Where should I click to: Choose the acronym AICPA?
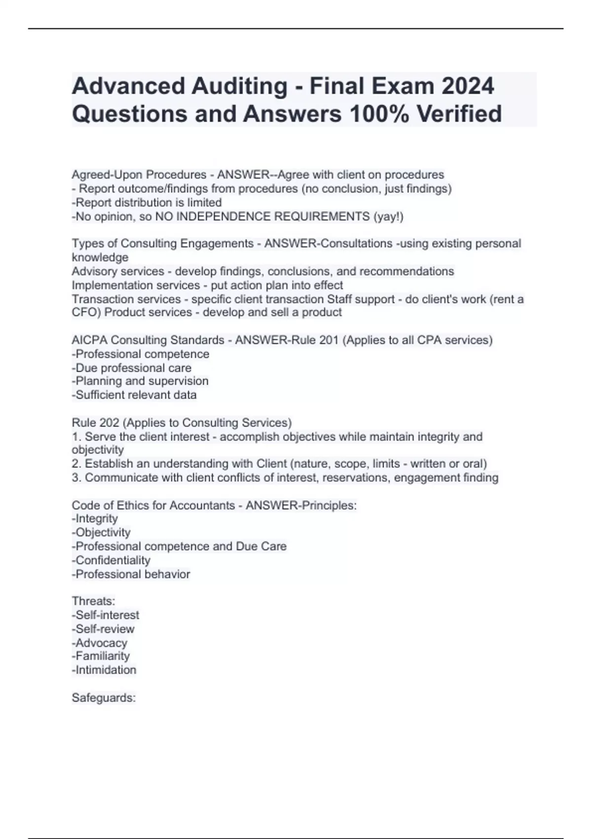91,340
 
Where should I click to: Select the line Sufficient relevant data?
134,395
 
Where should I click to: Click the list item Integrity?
95,519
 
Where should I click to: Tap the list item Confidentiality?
111,560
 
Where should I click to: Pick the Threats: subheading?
93,601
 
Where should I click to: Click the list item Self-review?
104,629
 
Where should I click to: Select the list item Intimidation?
105,670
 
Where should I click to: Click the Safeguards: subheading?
104,698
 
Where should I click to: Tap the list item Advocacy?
100,643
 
